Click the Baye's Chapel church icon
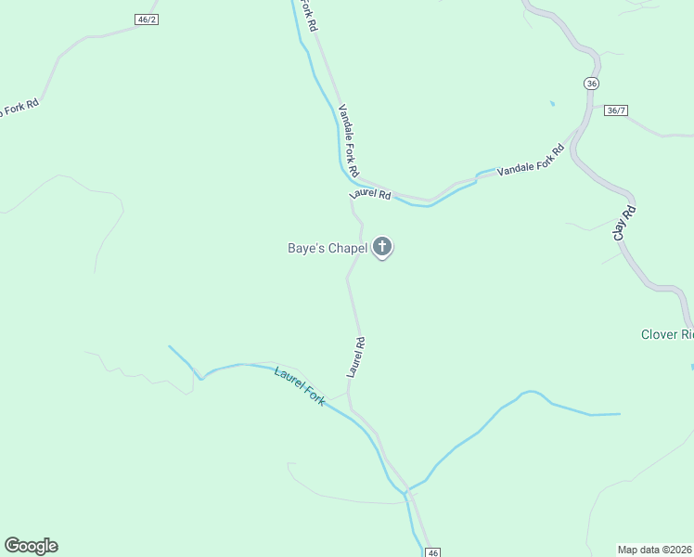point(382,248)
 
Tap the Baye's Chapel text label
point(326,248)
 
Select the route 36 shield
point(592,84)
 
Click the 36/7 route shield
point(615,110)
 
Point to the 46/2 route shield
point(147,19)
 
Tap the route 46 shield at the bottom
point(433,552)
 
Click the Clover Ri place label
point(667,334)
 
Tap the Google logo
point(31,546)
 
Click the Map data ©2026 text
point(655,549)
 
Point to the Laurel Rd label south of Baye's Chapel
point(356,356)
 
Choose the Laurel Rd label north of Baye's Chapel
point(370,195)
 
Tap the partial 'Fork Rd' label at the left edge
point(19,109)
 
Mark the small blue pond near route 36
point(552,103)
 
